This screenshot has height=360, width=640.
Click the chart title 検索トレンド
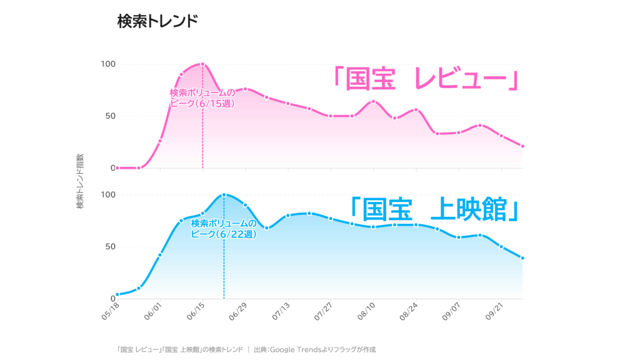(157, 21)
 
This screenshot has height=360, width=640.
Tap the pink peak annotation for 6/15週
(202, 98)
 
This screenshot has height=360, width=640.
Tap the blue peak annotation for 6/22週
(224, 228)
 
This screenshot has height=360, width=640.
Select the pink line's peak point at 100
(202, 64)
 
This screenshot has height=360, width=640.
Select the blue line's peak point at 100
(224, 194)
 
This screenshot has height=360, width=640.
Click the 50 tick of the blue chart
(109, 246)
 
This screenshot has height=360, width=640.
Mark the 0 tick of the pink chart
(112, 167)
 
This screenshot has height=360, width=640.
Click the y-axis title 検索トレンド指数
(79, 181)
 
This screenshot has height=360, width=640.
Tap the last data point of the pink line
(522, 146)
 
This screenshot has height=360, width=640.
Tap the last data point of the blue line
(522, 258)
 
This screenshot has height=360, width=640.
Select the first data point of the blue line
(117, 295)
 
